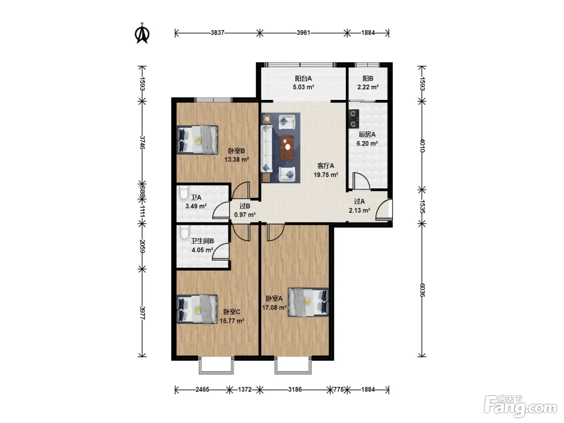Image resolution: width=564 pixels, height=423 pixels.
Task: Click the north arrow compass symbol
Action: pyautogui.click(x=142, y=33)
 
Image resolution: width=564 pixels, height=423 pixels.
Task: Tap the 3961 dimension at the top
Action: pyautogui.click(x=303, y=33)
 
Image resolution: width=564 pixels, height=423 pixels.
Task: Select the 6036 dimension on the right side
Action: pyautogui.click(x=422, y=290)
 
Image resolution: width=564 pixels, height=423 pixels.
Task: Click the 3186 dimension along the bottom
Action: pyautogui.click(x=295, y=390)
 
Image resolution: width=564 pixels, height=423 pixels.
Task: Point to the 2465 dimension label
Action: pyautogui.click(x=202, y=390)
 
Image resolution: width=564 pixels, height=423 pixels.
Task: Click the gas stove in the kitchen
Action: pyautogui.click(x=354, y=119)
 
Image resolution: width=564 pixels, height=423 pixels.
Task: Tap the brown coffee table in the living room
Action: pyautogui.click(x=287, y=147)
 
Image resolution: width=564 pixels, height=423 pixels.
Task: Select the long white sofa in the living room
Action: pyautogui.click(x=266, y=148)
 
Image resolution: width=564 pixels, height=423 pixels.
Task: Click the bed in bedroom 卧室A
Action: pyautogui.click(x=308, y=302)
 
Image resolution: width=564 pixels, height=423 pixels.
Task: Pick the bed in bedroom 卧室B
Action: pyautogui.click(x=197, y=140)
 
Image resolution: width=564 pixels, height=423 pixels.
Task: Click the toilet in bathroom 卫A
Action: pyautogui.click(x=184, y=193)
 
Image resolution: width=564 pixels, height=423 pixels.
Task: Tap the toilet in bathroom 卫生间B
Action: pyautogui.click(x=184, y=232)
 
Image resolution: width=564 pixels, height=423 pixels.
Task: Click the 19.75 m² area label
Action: pyautogui.click(x=326, y=175)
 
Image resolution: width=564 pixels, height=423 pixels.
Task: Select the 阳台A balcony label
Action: pyautogui.click(x=303, y=78)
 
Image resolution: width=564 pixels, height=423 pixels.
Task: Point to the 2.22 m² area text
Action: pyautogui.click(x=368, y=87)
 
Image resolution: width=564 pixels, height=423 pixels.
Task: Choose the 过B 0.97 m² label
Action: pyautogui.click(x=245, y=210)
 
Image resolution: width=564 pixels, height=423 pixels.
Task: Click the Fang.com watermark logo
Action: pyautogui.click(x=520, y=406)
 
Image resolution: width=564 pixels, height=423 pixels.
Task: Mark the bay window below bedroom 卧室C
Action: pyautogui.click(x=216, y=365)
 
